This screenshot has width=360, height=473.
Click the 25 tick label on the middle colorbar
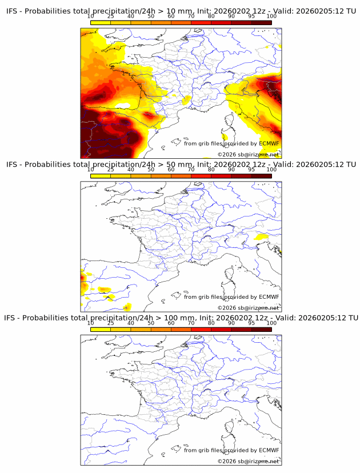click(x=111, y=170)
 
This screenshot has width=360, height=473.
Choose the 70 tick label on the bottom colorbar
click(x=191, y=323)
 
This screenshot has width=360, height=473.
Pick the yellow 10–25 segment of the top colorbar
click(x=101, y=22)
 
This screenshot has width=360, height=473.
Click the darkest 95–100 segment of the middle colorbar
click(x=261, y=175)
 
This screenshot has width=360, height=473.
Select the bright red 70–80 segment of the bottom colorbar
click(x=201, y=328)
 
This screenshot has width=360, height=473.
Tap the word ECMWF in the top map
click(x=269, y=143)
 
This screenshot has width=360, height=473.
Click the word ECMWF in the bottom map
click(x=269, y=450)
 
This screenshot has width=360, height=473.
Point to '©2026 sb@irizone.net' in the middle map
click(x=248, y=308)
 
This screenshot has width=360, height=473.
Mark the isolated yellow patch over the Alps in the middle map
click(x=261, y=236)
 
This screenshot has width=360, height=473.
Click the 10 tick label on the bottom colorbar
click(x=91, y=323)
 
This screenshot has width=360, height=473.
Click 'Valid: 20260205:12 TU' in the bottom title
click(x=317, y=318)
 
